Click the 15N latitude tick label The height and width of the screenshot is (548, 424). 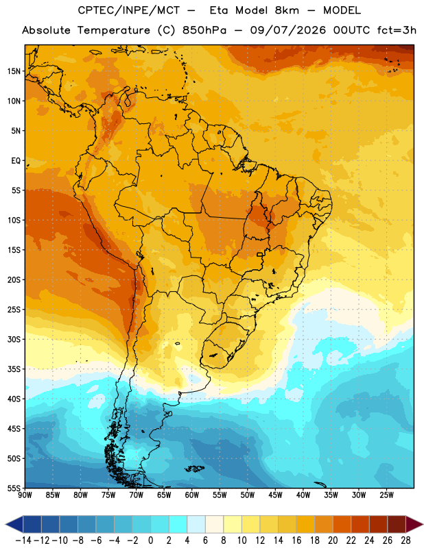(14, 71)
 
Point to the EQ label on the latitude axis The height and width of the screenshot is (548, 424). (16, 161)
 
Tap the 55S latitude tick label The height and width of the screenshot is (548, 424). (14, 488)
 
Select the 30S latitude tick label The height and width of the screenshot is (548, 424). (14, 339)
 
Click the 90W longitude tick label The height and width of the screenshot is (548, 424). (25, 495)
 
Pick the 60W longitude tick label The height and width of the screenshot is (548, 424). (192, 495)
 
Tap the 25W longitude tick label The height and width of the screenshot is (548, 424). (386, 495)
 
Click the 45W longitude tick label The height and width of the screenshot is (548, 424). (275, 495)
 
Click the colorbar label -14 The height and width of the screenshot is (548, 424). (23, 540)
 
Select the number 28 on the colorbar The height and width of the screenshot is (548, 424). (405, 540)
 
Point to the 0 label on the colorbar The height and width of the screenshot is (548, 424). (151, 540)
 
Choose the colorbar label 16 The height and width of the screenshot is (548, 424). (296, 540)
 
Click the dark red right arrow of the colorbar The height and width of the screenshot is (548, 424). (414, 524)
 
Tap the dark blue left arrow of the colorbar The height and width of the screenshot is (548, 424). (14, 524)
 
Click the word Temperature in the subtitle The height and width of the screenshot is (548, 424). (114, 30)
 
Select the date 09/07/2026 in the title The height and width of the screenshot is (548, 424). (287, 30)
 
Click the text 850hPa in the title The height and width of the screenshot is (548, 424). (204, 30)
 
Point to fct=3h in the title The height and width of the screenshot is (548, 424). (397, 30)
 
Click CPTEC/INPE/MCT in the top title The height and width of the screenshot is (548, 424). (129, 10)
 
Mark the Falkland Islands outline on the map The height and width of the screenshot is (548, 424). (194, 469)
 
